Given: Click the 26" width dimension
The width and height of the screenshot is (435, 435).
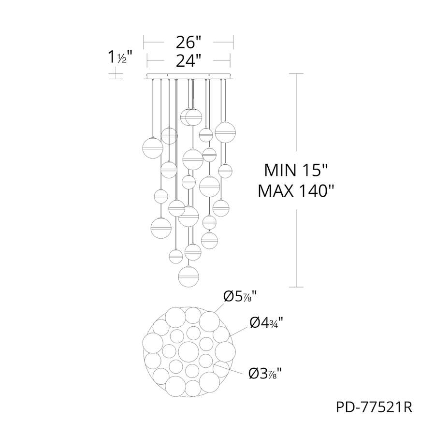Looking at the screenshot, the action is tap(188, 43).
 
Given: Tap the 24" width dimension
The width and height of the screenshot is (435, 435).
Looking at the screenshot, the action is tap(188, 60).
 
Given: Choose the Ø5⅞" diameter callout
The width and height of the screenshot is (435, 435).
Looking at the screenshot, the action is tap(240, 297).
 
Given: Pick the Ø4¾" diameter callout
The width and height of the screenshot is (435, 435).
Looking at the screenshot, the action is tap(266, 323).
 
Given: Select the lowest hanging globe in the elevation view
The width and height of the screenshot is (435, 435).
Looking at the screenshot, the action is tap(188, 276).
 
